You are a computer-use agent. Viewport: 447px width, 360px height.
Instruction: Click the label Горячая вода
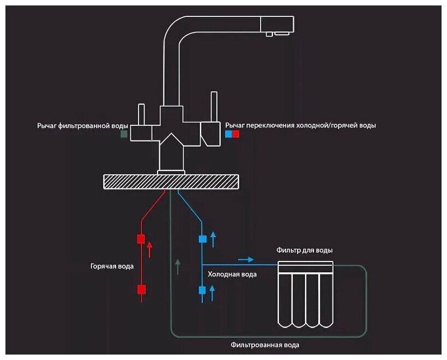pos(112,266)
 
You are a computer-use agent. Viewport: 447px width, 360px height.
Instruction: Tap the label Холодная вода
pos(233,274)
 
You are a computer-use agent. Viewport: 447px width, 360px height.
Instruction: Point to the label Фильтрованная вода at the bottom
pos(265,345)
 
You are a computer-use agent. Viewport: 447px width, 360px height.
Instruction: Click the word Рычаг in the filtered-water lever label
pos(47,125)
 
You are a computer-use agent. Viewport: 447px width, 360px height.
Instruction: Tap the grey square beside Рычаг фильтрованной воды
pos(124,133)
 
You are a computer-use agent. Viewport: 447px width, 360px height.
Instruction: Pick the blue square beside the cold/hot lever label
pos(228,133)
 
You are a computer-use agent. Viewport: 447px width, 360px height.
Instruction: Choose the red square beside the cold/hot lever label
pos(235,133)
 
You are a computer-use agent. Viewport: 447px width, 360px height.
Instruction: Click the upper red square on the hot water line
pos(141,239)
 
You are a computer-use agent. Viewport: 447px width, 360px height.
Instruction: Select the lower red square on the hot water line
pos(141,289)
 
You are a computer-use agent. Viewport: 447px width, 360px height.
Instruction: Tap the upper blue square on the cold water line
pos(202,239)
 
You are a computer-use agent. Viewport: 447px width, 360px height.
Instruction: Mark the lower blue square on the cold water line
pos(202,290)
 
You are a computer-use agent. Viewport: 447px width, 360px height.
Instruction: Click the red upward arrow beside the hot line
pos(150,249)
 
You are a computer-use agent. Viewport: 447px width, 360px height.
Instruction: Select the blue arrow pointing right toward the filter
pos(246,259)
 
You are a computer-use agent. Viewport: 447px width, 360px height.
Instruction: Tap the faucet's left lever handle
pos(142,114)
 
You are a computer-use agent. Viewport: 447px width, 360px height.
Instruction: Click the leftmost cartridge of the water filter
pos(285,300)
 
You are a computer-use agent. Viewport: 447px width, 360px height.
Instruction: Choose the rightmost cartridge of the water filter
pos(325,300)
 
